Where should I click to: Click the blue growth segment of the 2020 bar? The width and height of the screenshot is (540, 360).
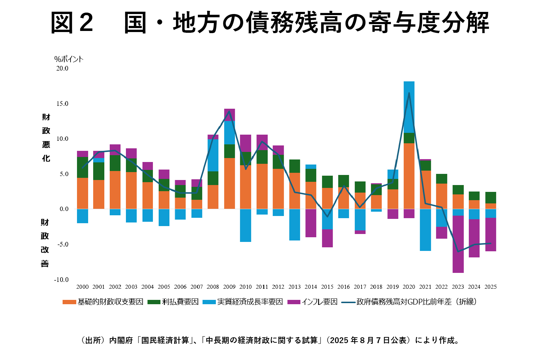point(409,107)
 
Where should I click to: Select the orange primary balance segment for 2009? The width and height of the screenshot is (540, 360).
point(229,183)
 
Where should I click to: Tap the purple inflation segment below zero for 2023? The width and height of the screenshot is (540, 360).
point(458,244)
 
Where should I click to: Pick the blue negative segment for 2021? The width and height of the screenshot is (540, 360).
point(425,230)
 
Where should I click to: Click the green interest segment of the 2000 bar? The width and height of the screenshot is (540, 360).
point(82,167)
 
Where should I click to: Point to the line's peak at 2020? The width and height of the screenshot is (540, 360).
point(409,93)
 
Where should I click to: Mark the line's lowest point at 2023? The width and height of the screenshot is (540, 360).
point(458,251)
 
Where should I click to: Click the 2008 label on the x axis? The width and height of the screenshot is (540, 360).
point(213,287)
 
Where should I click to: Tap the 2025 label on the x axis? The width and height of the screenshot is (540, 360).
point(491,287)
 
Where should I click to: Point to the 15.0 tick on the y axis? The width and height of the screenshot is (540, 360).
point(62,104)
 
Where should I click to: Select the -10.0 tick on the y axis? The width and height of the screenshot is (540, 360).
point(61,280)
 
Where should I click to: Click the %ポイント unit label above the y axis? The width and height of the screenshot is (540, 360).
point(69,59)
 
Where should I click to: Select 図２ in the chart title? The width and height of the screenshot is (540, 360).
point(72,23)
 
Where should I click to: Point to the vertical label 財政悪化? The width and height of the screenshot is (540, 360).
point(46,138)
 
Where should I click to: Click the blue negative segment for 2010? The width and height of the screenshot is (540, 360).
point(246,225)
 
